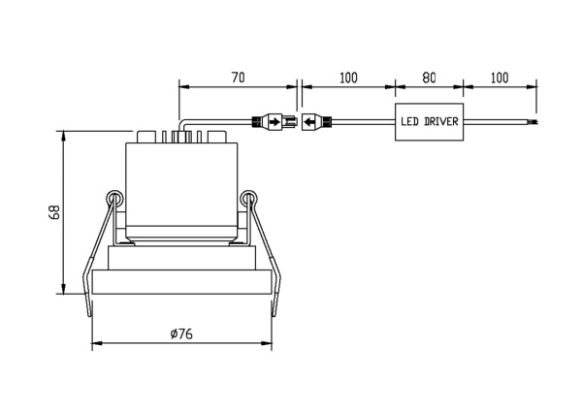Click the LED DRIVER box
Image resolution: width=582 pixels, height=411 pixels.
[429, 122]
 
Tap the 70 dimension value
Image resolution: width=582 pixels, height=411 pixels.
[239, 78]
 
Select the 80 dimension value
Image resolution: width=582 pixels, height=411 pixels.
[429, 78]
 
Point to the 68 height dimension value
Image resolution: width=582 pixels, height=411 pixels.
[54, 212]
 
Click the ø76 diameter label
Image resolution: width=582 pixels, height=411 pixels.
[181, 333]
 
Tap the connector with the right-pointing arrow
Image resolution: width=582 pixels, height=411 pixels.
[275, 121]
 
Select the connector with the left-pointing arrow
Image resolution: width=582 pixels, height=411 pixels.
[316, 121]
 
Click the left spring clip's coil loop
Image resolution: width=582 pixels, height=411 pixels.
[114, 199]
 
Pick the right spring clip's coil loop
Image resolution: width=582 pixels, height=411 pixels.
[248, 199]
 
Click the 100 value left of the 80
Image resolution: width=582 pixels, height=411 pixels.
[348, 78]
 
